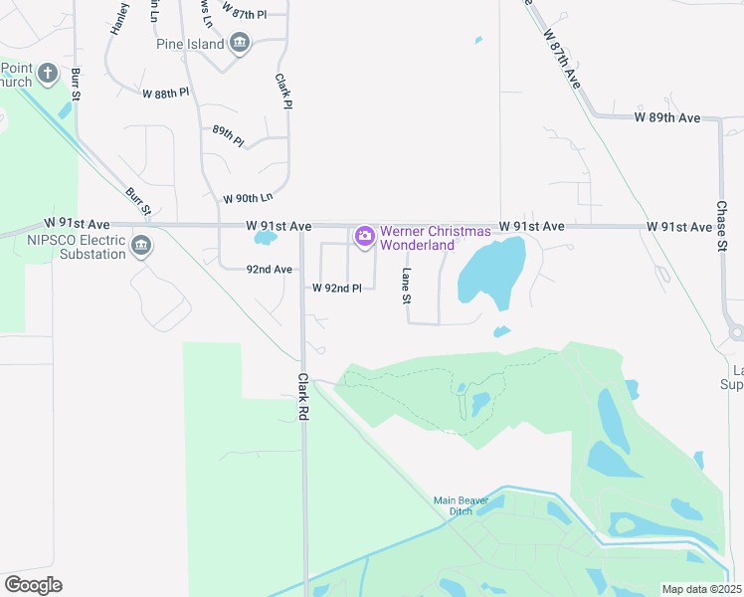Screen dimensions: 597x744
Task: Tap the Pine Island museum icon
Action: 239,43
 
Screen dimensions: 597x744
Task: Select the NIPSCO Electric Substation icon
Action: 140,245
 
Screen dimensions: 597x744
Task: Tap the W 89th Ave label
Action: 667,117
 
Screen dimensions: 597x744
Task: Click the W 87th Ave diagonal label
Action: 561,59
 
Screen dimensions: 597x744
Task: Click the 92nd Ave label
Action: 270,269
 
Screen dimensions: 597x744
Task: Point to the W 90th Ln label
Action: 248,199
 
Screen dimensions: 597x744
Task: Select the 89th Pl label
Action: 228,135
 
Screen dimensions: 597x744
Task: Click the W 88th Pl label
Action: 165,94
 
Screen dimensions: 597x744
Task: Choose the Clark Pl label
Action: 283,89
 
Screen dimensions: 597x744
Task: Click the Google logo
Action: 33,585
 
